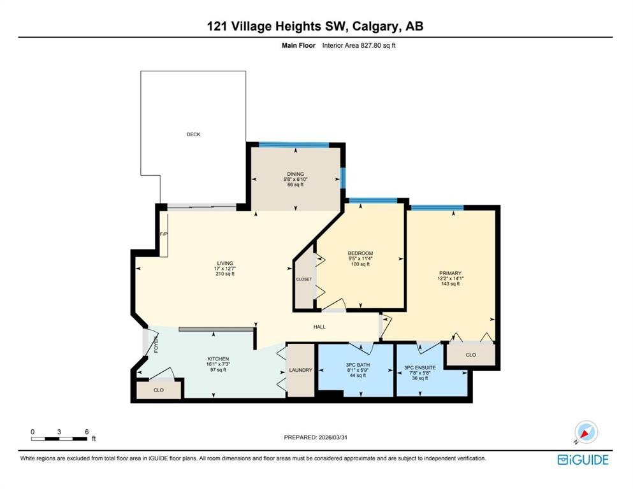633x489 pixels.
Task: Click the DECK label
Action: (193, 134)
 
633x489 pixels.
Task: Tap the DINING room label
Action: (296, 174)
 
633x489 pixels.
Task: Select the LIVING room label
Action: (225, 263)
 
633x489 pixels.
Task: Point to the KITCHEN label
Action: (218, 358)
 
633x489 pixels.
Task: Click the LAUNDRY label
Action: (301, 370)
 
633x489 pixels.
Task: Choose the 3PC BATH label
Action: (358, 365)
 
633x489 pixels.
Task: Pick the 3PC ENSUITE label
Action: (420, 367)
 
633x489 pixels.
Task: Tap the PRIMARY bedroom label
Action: (450, 273)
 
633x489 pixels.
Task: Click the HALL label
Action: (319, 327)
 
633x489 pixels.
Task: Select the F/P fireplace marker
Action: (163, 234)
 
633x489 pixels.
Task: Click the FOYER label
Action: (156, 344)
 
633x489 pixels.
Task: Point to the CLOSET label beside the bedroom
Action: (303, 279)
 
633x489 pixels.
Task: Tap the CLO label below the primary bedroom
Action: (470, 355)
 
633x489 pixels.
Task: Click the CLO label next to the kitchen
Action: (159, 390)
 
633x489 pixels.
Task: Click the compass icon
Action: (586, 432)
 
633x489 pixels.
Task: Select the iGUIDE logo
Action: (583, 460)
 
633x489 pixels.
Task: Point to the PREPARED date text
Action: (316, 437)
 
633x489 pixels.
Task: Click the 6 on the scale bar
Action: (87, 432)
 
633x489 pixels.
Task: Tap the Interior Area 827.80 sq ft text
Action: (359, 46)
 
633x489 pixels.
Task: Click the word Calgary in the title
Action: (375, 27)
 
